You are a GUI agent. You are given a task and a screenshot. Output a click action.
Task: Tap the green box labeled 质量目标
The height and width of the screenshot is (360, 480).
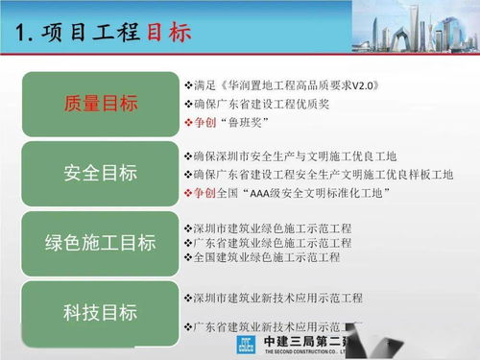tap(101, 104)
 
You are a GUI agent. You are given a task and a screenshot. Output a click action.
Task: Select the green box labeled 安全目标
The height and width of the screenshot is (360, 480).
tap(101, 173)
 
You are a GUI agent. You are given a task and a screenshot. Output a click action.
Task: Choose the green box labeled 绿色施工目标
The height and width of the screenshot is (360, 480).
tap(101, 243)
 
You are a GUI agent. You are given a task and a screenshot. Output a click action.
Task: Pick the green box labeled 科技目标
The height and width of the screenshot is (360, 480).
tap(101, 312)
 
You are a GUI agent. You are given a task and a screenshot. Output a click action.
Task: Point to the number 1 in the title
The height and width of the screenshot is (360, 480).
tap(23, 32)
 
